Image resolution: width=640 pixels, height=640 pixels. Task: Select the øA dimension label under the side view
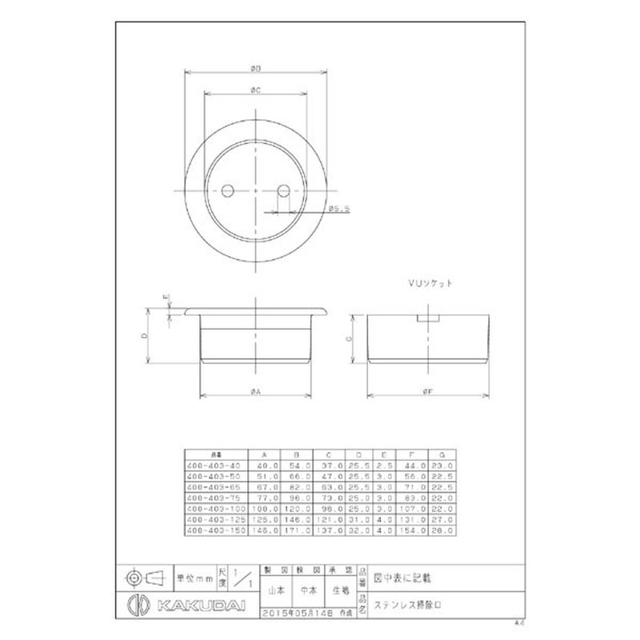pyautogui.click(x=254, y=390)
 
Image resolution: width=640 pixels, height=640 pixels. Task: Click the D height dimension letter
pyautogui.click(x=145, y=337)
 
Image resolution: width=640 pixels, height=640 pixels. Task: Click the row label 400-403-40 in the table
pyautogui.click(x=212, y=465)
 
